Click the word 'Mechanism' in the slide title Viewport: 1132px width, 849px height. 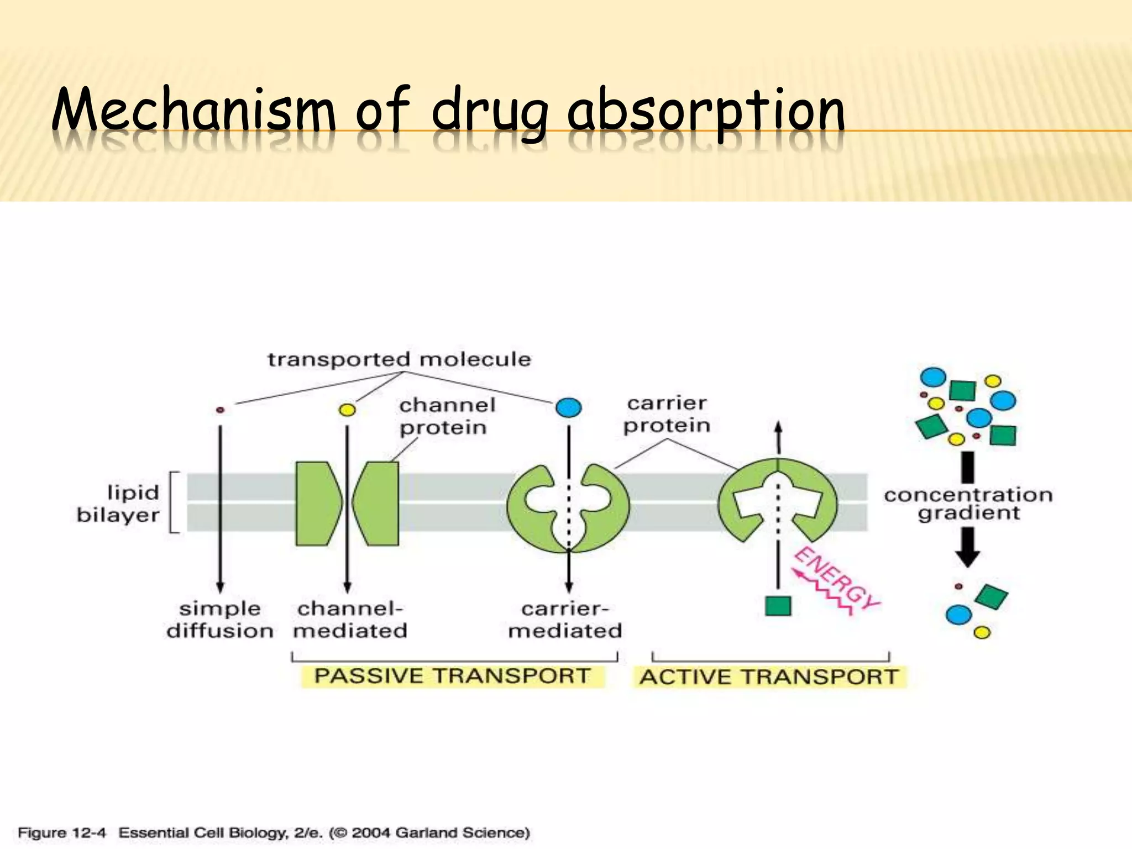pyautogui.click(x=193, y=111)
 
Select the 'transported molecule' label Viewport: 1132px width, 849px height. pyautogui.click(x=399, y=360)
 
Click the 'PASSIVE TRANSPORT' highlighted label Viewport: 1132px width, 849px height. pyautogui.click(x=452, y=676)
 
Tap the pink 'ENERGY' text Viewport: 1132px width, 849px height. pyautogui.click(x=836, y=578)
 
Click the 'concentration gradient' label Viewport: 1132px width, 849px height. pyautogui.click(x=968, y=504)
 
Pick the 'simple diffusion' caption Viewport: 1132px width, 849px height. pyautogui.click(x=219, y=620)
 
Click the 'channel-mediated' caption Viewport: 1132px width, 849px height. pyautogui.click(x=350, y=620)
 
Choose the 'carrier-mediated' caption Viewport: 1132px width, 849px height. pyautogui.click(x=565, y=620)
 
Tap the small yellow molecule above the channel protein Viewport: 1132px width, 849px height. pyautogui.click(x=347, y=410)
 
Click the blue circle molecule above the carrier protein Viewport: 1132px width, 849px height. pyautogui.click(x=569, y=408)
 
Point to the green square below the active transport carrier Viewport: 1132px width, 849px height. pyautogui.click(x=778, y=606)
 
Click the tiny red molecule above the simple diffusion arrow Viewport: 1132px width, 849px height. pyautogui.click(x=220, y=410)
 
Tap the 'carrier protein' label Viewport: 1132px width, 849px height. pyautogui.click(x=667, y=415)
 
